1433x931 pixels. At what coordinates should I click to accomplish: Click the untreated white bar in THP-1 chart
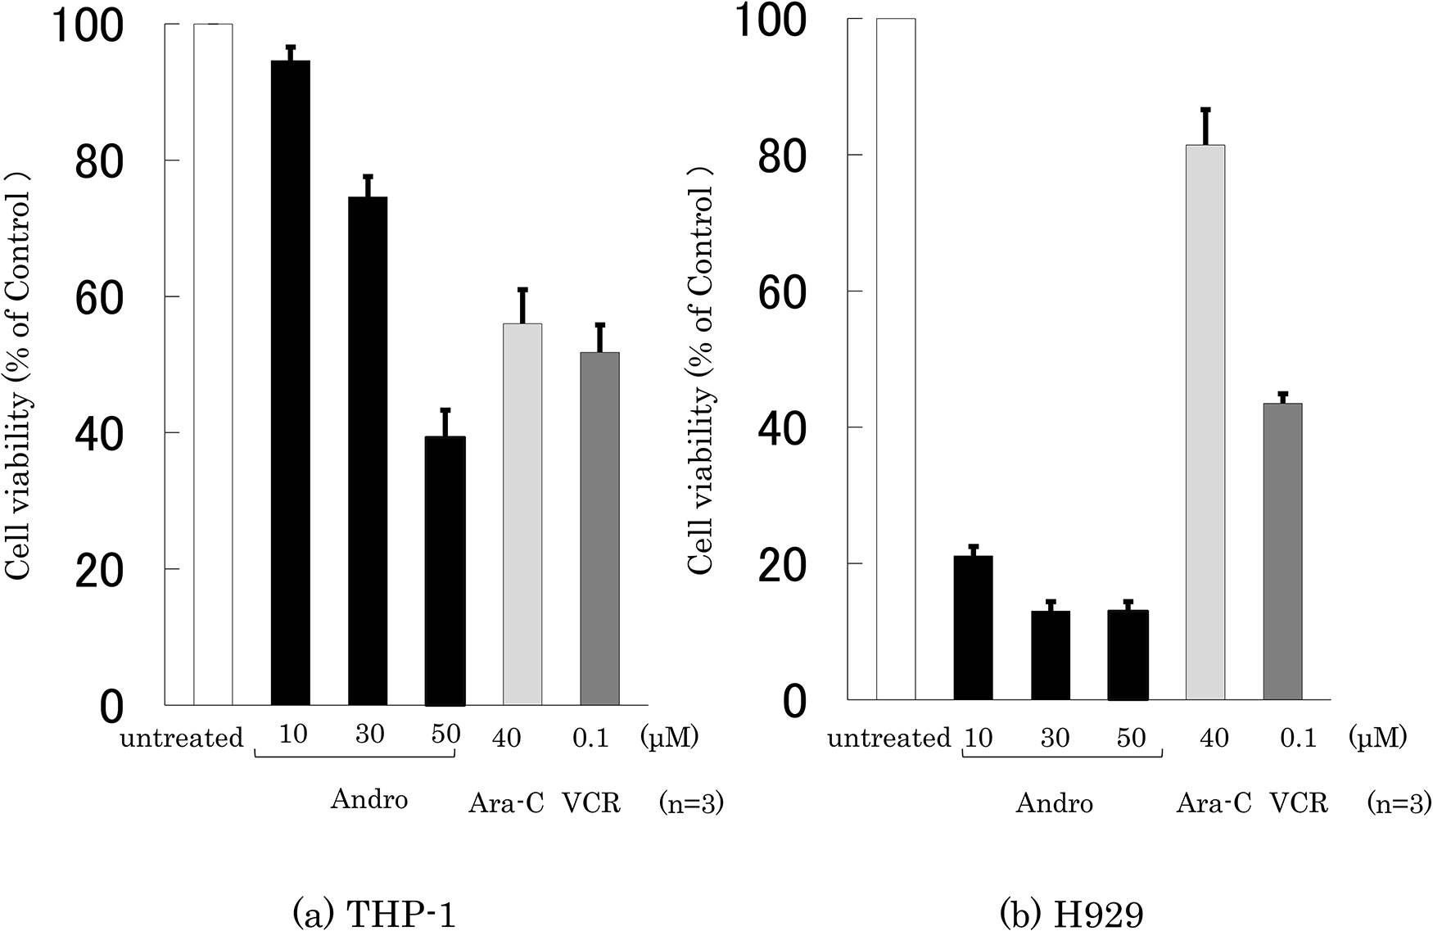[213, 364]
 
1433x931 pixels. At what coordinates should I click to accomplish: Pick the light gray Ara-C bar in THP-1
[522, 513]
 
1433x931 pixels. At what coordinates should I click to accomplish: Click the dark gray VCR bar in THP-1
[599, 528]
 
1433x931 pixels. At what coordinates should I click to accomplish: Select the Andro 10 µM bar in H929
[973, 627]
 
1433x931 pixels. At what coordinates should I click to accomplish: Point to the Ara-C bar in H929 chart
[1205, 422]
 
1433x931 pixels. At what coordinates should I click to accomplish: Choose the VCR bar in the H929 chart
[1282, 551]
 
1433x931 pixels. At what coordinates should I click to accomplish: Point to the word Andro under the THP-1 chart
[368, 798]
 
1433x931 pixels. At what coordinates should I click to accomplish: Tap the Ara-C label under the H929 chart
[1214, 803]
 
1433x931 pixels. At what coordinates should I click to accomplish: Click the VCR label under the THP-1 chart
[591, 803]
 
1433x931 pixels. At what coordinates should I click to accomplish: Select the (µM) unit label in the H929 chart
[1377, 738]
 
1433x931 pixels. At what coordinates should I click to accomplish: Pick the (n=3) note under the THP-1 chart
[691, 804]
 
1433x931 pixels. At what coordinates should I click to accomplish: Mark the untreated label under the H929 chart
[888, 739]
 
